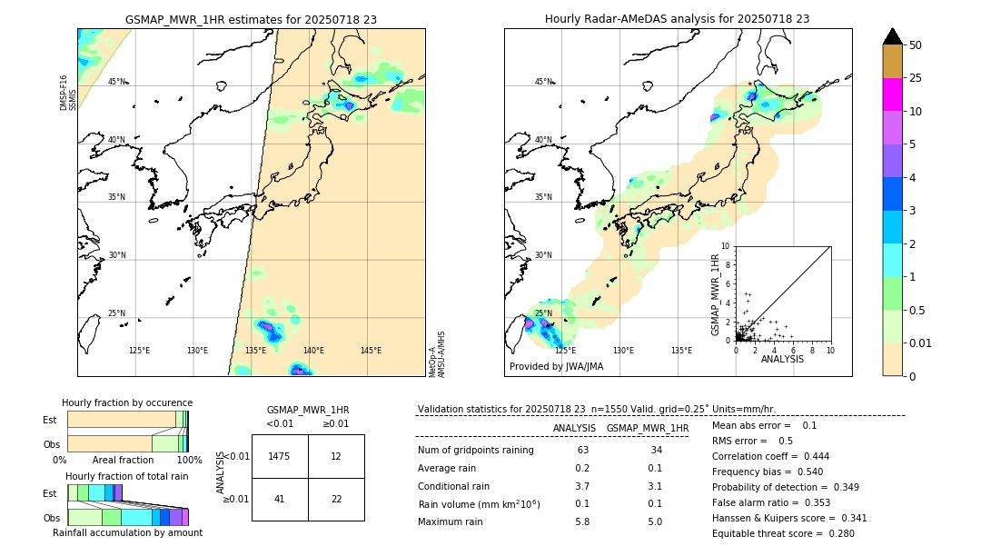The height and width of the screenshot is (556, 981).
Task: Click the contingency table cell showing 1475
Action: (280, 456)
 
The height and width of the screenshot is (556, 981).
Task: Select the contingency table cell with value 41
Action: (280, 499)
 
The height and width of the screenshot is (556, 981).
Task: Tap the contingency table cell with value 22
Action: (336, 499)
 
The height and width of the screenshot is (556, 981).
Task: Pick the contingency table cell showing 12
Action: (336, 456)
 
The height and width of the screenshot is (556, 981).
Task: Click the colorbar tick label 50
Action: (916, 45)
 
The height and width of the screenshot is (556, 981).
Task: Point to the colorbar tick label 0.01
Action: (920, 343)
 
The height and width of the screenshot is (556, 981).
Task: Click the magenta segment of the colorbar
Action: (893, 94)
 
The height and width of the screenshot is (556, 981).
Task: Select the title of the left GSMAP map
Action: (251, 19)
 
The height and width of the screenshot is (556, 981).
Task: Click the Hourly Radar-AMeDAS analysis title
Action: (677, 19)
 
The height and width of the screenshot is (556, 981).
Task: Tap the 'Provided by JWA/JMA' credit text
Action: (556, 367)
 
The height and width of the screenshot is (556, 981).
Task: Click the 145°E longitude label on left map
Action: (371, 351)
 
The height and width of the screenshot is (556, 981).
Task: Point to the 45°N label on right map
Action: (543, 82)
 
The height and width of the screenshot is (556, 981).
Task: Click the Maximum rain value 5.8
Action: (582, 522)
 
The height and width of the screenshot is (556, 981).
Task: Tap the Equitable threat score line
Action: (782, 534)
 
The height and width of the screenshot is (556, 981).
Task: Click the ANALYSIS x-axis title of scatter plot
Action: (782, 359)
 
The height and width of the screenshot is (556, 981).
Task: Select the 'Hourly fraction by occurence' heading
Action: (127, 402)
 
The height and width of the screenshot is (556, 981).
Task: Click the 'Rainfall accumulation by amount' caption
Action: (127, 533)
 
